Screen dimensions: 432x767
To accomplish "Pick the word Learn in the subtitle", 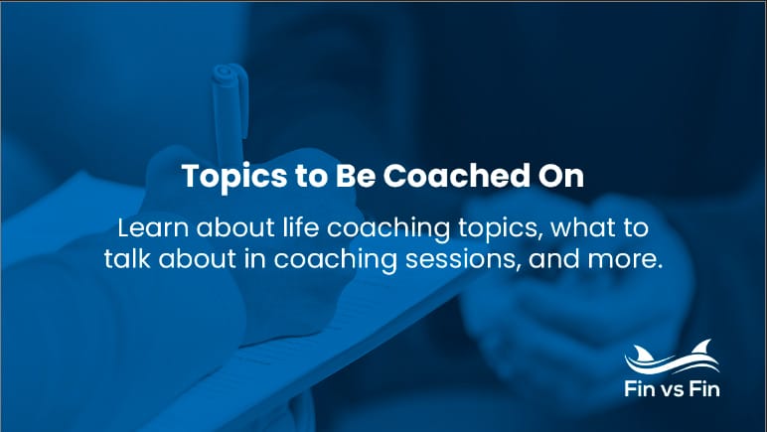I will pyautogui.click(x=149, y=227).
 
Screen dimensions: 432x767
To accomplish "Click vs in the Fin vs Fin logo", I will pyautogui.click(x=680, y=389).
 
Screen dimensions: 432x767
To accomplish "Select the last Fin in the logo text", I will pyautogui.click(x=710, y=389).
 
